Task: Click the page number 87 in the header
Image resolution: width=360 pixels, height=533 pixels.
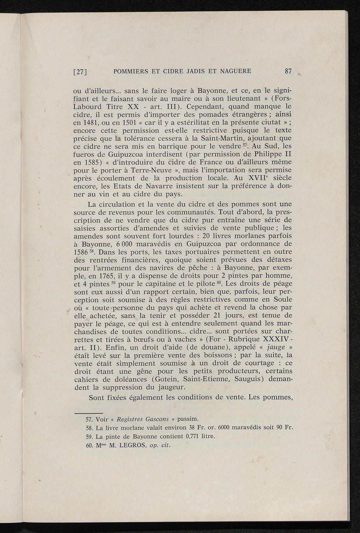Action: point(288,71)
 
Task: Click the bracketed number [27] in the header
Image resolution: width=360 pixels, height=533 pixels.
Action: point(80,72)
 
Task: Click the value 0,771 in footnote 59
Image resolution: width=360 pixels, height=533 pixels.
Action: point(193,437)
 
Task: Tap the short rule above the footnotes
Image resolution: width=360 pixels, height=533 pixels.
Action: point(88,413)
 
